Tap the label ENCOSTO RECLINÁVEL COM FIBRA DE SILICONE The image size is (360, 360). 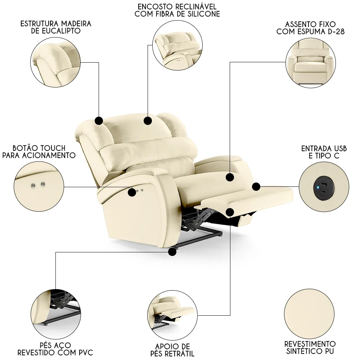pos(177,10)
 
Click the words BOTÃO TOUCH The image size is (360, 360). pos(39,148)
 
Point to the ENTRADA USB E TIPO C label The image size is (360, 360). pos(324,152)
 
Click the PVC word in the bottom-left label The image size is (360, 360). pos(84,352)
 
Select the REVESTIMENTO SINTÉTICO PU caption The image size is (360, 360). pos(310,347)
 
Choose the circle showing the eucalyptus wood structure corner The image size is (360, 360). pos(55,63)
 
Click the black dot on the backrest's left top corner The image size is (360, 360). pos(99,121)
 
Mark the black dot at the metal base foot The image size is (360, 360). pos(172,252)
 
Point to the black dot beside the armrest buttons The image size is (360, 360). pos(132,193)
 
